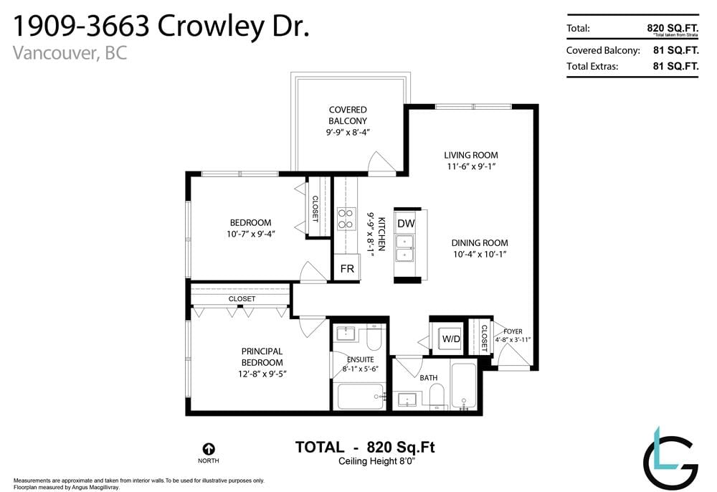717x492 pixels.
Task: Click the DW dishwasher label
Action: click(406, 224)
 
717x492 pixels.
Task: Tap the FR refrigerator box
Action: click(347, 268)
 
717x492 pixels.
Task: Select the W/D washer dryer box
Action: click(450, 339)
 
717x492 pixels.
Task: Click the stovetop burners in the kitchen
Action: click(346, 219)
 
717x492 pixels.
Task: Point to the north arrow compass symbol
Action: click(209, 449)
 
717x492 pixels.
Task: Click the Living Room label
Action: click(471, 156)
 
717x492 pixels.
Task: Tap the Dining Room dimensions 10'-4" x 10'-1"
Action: click(480, 254)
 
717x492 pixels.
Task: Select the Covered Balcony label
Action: click(348, 115)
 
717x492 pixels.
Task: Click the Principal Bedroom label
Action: click(262, 357)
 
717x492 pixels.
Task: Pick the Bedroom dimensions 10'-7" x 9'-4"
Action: click(250, 234)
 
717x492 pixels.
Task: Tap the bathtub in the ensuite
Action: click(361, 397)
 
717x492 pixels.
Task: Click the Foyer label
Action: click(513, 331)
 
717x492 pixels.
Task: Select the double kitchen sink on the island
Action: click(404, 248)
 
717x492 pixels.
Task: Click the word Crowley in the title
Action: click(211, 26)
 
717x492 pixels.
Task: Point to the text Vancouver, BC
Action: click(70, 53)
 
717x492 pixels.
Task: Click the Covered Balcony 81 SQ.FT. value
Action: click(676, 50)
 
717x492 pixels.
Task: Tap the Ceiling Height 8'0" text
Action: click(376, 461)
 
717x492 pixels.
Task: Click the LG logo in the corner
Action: click(670, 458)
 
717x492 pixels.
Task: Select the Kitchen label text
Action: click(381, 234)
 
